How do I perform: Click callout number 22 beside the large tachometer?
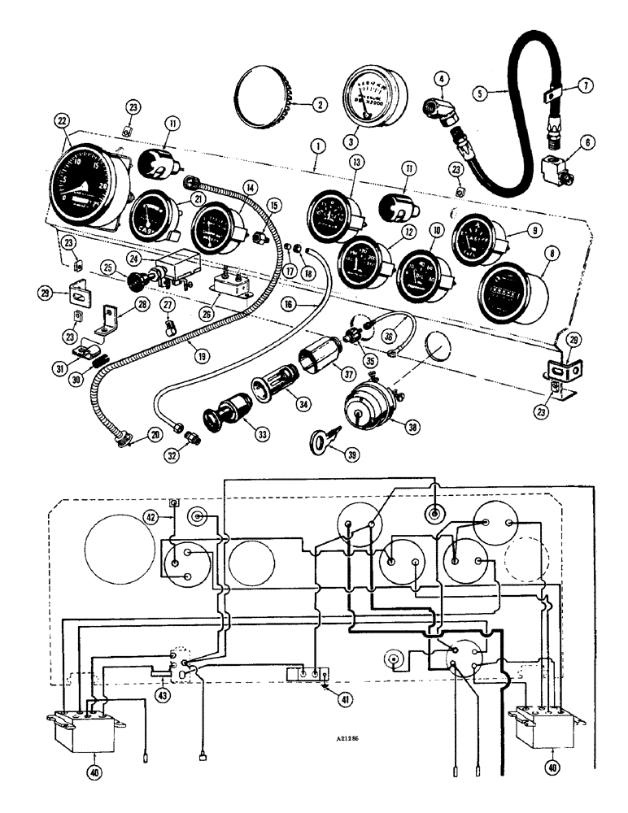61,120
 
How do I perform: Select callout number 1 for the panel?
316,150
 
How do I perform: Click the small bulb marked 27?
169,328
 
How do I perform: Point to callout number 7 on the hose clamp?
587,85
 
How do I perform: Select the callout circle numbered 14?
251,186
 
